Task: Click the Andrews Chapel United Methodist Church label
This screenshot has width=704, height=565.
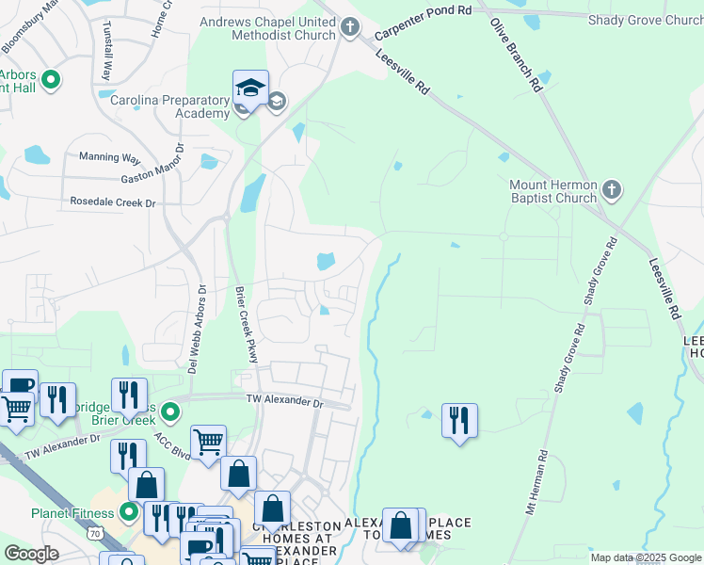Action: pos(266,27)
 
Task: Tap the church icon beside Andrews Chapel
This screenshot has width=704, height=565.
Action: pos(351,27)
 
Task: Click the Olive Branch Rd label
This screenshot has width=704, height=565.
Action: pos(515,56)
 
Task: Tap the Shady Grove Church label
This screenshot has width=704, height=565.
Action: pos(645,20)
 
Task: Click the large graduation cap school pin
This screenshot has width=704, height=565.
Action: pos(251,90)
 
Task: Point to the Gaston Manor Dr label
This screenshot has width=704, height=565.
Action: pos(155,172)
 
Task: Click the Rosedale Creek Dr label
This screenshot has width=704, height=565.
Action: pos(113,202)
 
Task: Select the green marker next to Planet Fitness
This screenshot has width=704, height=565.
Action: pos(130,513)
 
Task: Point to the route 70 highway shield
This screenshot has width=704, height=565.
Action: pos(95,532)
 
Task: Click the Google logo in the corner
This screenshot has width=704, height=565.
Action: pos(32,554)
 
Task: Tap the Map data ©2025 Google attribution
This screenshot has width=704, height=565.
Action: pos(645,557)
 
